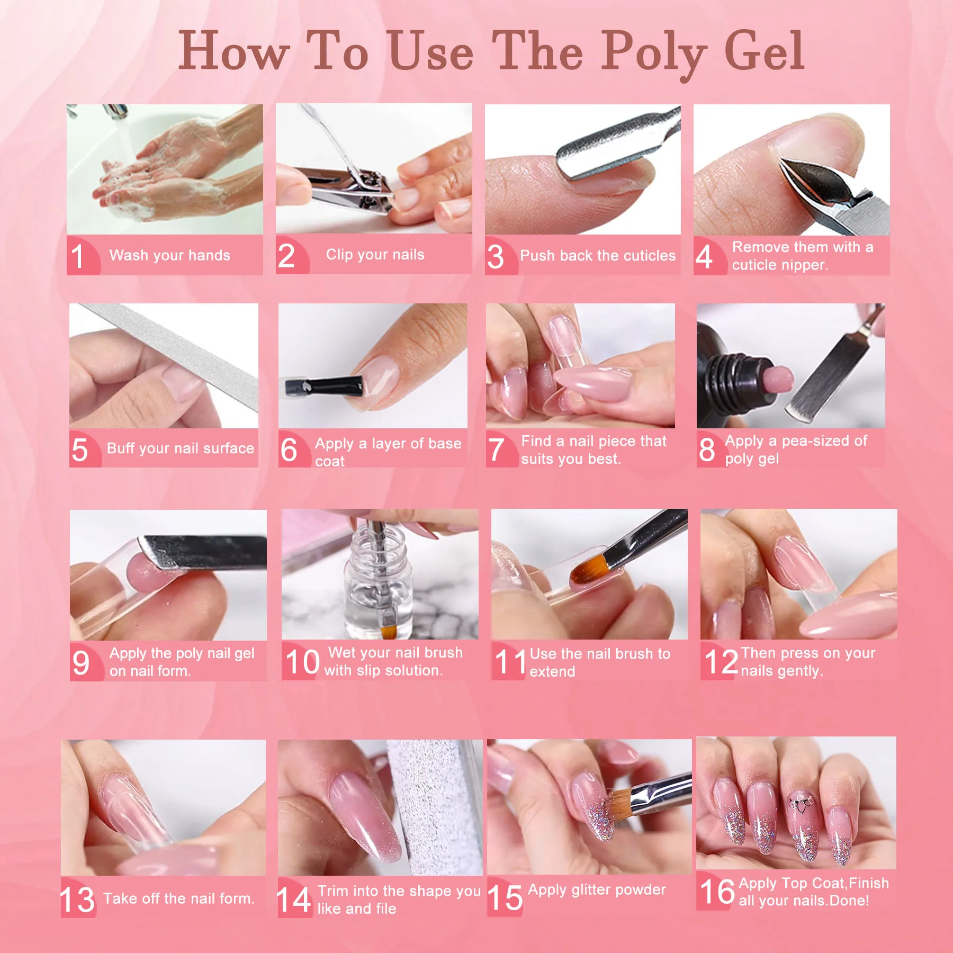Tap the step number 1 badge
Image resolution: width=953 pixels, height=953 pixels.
click(78, 256)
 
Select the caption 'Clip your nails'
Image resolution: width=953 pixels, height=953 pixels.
click(375, 255)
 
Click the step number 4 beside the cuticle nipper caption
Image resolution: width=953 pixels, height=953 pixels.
click(704, 257)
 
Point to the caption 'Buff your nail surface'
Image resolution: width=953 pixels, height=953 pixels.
click(181, 448)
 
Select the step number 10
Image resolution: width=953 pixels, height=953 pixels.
click(302, 662)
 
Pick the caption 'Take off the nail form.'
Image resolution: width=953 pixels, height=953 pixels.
click(179, 898)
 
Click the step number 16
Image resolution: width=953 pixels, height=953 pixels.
click(717, 892)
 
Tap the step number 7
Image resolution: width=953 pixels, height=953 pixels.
click(496, 450)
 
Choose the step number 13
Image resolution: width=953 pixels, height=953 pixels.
click(77, 900)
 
